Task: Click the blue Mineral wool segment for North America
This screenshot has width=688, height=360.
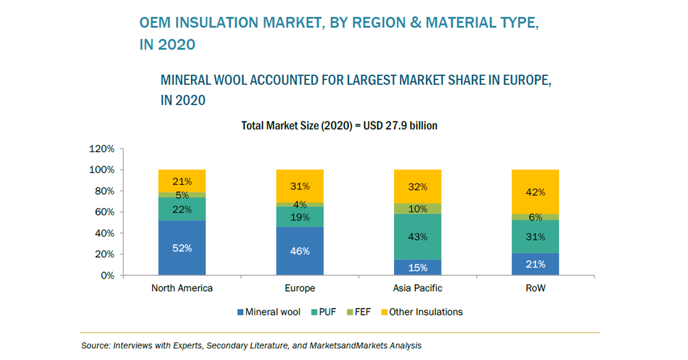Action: point(182,248)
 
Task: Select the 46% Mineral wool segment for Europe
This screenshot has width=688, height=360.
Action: point(299,251)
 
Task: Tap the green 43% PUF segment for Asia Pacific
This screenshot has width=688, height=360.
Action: point(418,236)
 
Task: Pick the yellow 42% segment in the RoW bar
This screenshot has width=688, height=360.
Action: point(535,192)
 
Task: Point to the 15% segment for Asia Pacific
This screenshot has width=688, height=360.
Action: point(418,268)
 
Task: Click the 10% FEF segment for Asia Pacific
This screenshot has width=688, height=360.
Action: point(418,208)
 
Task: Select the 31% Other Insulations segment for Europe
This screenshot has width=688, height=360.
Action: point(299,186)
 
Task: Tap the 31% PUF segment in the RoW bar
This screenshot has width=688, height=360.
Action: point(535,236)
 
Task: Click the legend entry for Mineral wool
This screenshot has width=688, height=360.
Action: point(268,312)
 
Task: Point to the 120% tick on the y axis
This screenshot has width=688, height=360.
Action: point(102,149)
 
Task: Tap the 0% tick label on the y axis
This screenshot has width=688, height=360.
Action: point(107,276)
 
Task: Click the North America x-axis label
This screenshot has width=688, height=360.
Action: point(182,288)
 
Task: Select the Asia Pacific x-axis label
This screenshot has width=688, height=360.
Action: point(418,288)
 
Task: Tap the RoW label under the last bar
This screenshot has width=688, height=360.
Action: point(535,288)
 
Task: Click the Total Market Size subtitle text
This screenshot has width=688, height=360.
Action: point(339,126)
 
